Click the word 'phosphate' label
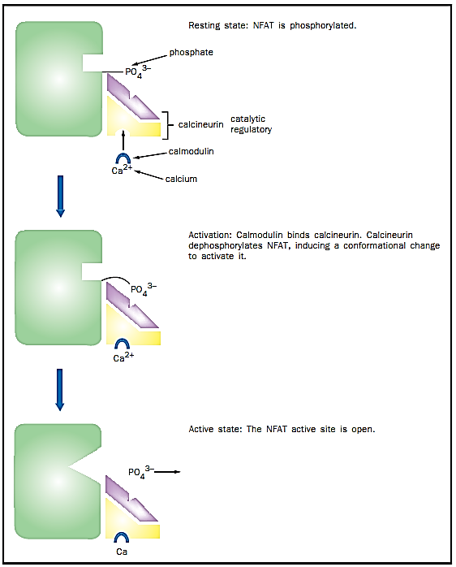tap(191, 53)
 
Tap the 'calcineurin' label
tap(201, 124)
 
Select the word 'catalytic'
tap(247, 119)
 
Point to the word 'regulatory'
tap(252, 129)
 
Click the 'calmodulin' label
tap(191, 151)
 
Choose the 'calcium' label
tap(181, 179)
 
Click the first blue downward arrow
tap(60, 197)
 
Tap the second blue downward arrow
tap(60, 390)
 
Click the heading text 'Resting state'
tap(204, 25)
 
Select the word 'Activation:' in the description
tap(209, 235)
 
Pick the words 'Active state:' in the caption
tap(215, 429)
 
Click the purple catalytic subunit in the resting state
tap(132, 96)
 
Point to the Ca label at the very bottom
tap(122, 552)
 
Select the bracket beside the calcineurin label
tap(166, 125)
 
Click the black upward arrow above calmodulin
tap(123, 141)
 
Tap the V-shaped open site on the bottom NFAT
tap(84, 467)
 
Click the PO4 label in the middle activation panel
tap(144, 290)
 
